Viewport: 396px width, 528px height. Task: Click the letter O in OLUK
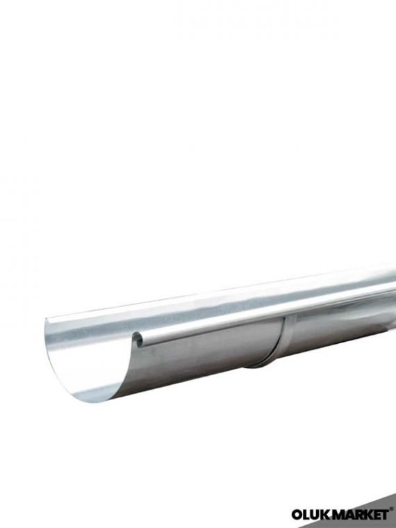coord(298,515)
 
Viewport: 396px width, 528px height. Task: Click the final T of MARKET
coord(384,515)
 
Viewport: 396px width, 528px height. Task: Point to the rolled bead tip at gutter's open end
coord(138,340)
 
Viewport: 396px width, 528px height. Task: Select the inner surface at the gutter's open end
coord(83,354)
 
